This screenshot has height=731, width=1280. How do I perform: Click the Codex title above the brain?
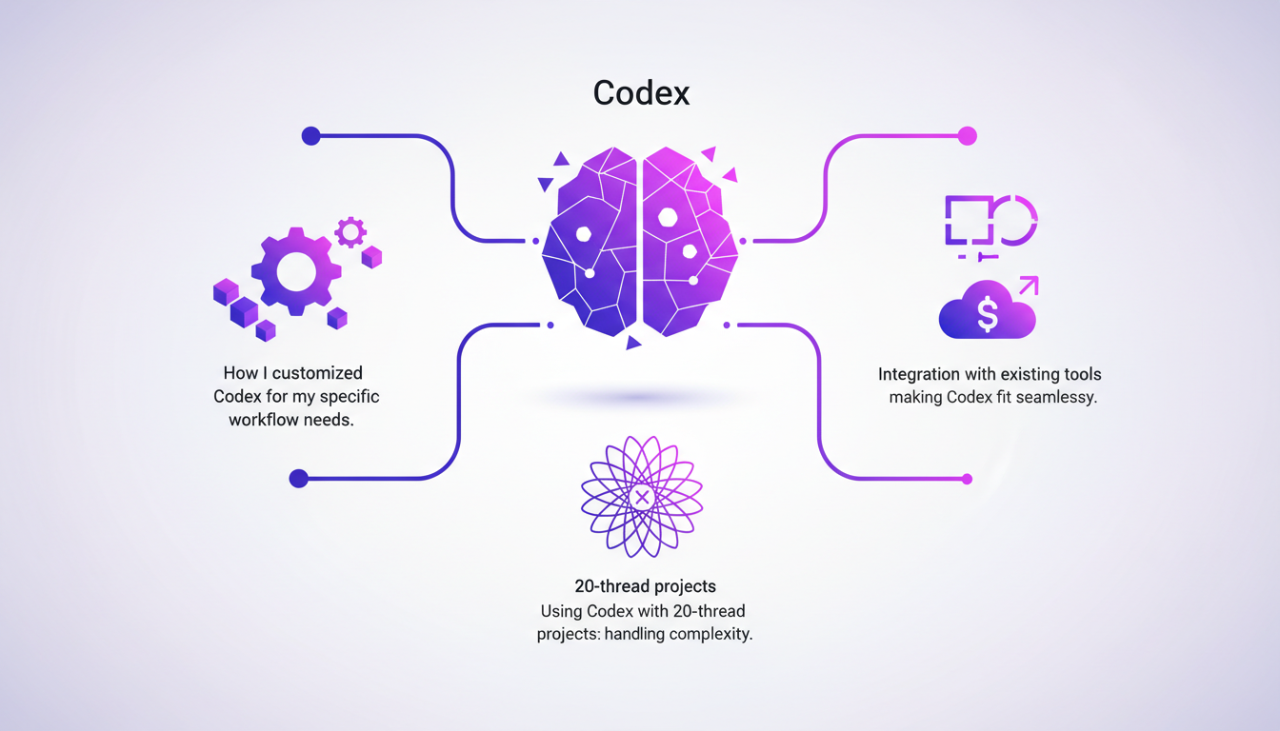coord(641,92)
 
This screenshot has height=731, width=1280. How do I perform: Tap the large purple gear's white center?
coord(296,271)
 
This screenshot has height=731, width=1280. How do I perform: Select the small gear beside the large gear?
coord(350,231)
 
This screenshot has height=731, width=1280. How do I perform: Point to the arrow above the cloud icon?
coord(1029,285)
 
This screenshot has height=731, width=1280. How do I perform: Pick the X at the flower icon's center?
coord(642,497)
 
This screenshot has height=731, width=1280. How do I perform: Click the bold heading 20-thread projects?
coord(645,586)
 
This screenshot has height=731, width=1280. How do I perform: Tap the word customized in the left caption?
coord(317,373)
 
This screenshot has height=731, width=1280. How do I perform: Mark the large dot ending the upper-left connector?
coord(310,136)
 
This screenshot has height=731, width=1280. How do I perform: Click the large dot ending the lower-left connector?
coord(299,478)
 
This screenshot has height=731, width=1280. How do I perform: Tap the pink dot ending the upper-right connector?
coord(968,136)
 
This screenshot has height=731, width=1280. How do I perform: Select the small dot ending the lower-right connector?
coord(968,479)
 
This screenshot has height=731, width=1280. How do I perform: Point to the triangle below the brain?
coord(633,343)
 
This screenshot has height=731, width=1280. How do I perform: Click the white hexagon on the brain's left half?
coord(584,234)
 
